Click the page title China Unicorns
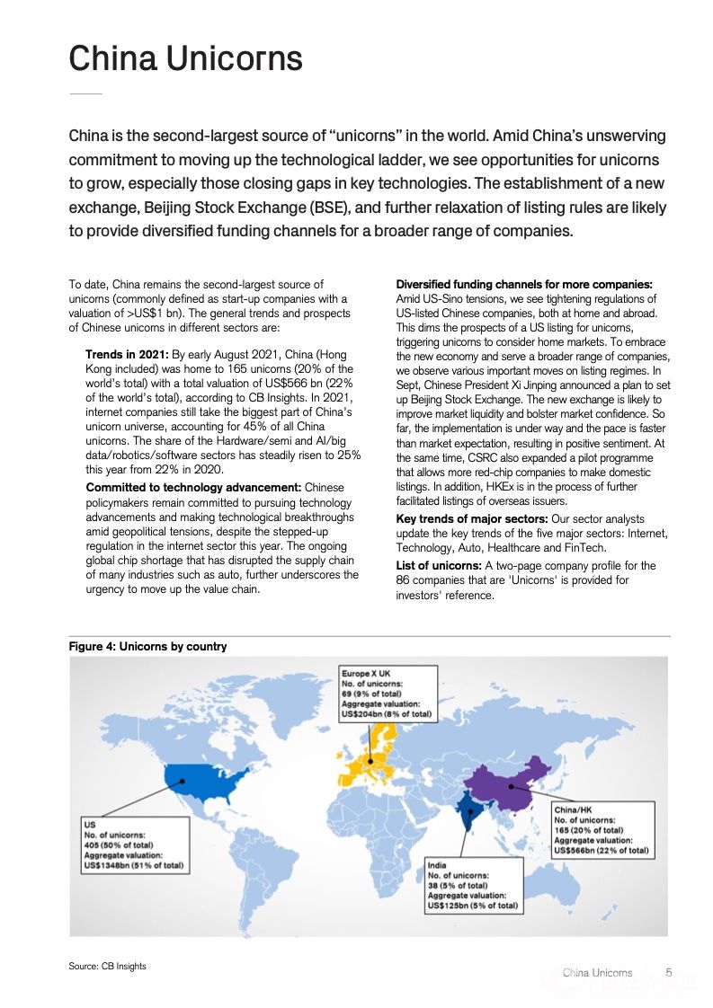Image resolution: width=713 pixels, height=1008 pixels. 185,58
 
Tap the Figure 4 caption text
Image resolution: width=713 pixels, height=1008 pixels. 147,646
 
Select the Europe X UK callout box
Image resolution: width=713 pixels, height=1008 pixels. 388,693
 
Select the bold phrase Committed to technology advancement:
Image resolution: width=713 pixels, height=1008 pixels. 187,488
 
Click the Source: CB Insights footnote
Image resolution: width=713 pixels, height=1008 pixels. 107,966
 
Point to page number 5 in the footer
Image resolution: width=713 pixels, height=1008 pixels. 669,972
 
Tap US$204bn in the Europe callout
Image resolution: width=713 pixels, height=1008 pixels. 365,714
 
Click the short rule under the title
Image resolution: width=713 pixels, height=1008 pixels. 85,93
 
